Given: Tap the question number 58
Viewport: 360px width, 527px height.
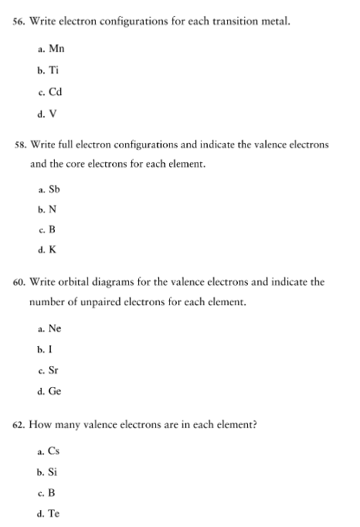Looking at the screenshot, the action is pos(17,144).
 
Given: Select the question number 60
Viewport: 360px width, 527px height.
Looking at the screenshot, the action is pos(17,283).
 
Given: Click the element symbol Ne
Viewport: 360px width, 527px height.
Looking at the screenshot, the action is pos(56,328).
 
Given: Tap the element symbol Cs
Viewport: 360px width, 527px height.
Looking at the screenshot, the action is pos(55,451).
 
